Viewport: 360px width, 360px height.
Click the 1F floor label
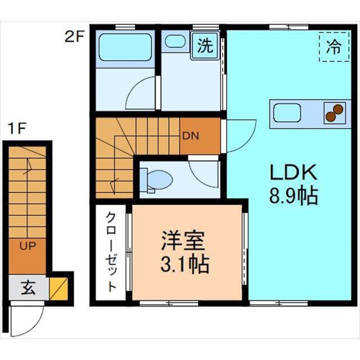coord(17,128)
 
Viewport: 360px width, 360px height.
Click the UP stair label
coord(28,246)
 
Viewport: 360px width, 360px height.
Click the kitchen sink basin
coord(287,114)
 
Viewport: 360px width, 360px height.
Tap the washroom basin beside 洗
coord(174,41)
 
